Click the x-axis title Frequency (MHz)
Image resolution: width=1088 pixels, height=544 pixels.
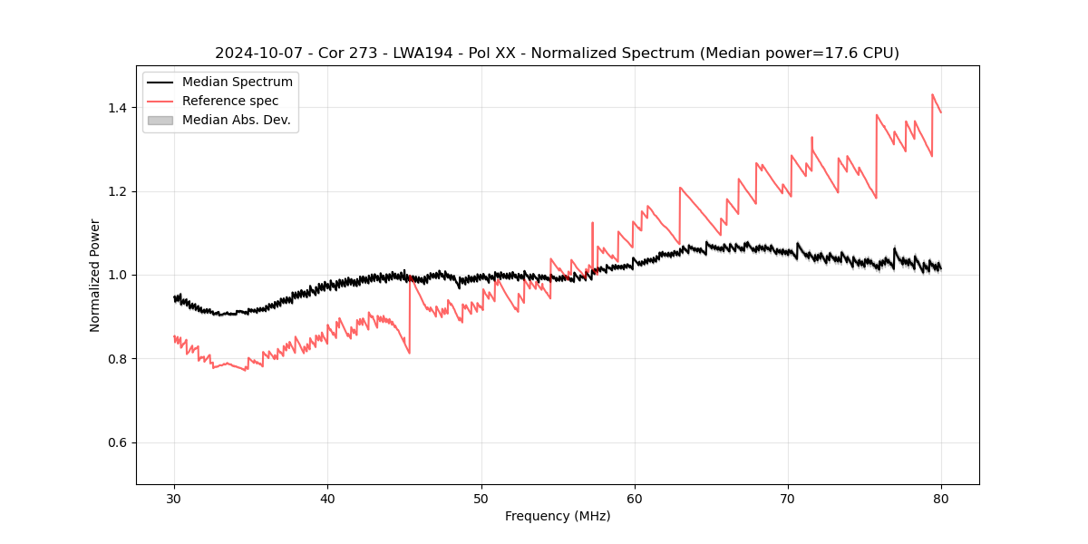pos(558,516)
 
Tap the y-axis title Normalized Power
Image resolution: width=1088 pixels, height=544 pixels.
pos(95,275)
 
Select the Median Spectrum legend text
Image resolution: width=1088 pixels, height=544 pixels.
pos(237,83)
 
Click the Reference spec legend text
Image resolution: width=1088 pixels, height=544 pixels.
pos(230,101)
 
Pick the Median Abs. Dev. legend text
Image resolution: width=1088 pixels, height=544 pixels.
pos(236,120)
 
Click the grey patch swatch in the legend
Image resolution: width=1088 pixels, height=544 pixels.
pos(160,120)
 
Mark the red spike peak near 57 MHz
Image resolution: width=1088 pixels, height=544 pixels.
pos(592,222)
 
